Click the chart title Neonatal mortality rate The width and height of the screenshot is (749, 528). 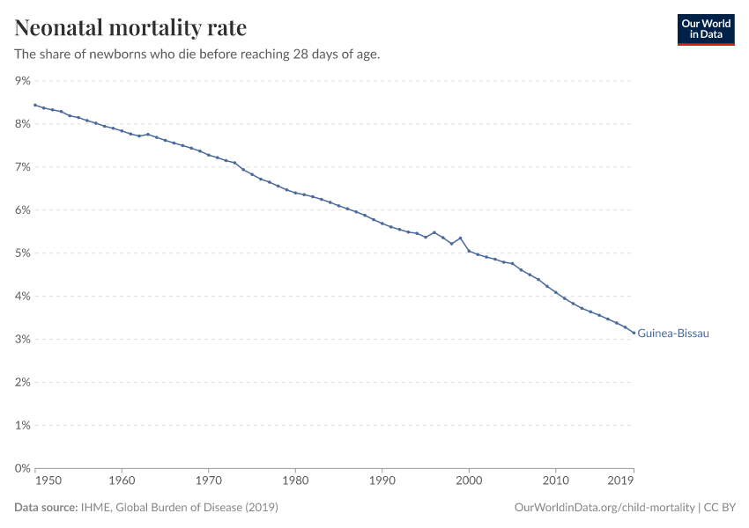click(130, 27)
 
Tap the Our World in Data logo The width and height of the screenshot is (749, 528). click(705, 29)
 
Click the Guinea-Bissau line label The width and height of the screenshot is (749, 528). click(673, 334)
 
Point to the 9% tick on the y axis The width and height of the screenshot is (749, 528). click(22, 81)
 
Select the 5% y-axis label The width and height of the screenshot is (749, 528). click(22, 253)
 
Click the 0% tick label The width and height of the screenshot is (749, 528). click(22, 468)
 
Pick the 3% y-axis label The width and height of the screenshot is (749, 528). click(22, 340)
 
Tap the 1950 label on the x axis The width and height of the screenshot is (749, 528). click(48, 481)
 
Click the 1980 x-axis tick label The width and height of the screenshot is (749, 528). click(295, 481)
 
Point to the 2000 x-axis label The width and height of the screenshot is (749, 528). click(469, 481)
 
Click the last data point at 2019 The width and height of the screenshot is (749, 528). click(634, 333)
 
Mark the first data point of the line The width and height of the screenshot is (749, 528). click(35, 105)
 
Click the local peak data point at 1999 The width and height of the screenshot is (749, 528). click(460, 238)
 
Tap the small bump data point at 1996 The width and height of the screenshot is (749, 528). click(434, 232)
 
